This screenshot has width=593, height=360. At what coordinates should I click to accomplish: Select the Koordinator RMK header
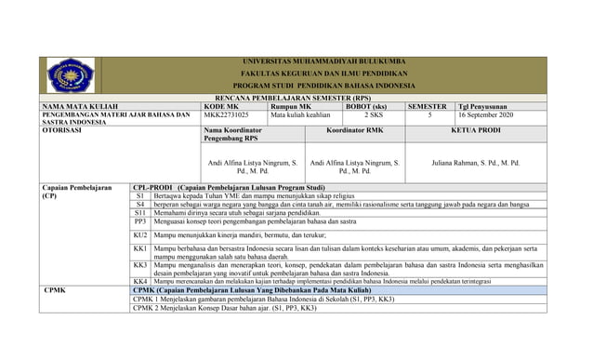[354, 131]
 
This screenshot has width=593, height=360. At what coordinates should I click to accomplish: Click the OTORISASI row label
[62, 131]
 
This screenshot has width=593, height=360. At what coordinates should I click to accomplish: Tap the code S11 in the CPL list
[139, 213]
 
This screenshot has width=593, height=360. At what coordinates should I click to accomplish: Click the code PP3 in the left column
[139, 222]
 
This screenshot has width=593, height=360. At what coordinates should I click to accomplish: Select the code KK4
[139, 281]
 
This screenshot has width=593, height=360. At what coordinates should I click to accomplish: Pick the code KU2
[139, 237]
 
